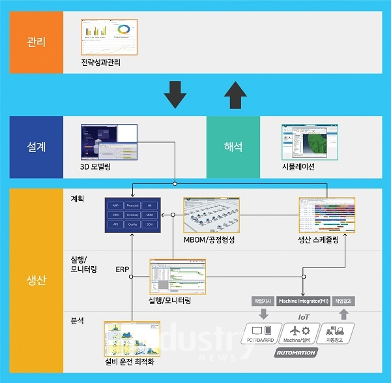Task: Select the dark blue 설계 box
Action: (36, 147)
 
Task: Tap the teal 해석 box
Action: (233, 147)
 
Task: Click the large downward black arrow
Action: (175, 94)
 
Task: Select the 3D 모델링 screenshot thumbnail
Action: (108, 141)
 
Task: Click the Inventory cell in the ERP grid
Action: (132, 214)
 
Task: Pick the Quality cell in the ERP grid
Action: (132, 224)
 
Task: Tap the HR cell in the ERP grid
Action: (150, 204)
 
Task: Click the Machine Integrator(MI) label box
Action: (302, 301)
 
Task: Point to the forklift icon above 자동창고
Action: (335, 331)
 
